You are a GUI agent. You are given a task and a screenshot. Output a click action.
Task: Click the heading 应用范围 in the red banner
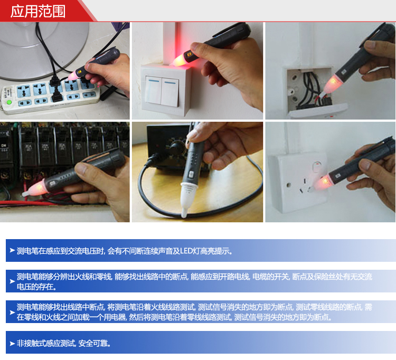point(38,12)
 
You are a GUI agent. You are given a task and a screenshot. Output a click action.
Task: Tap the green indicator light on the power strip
point(10,102)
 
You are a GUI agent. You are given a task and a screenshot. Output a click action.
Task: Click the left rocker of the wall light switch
point(153,90)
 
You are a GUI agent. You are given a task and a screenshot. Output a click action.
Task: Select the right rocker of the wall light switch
point(170,92)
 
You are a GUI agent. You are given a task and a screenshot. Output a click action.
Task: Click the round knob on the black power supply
point(175,146)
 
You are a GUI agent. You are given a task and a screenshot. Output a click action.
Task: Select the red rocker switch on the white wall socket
point(316,168)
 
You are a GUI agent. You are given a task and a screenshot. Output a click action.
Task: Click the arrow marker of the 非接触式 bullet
point(12,343)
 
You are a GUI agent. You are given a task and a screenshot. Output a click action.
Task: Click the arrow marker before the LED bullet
point(12,250)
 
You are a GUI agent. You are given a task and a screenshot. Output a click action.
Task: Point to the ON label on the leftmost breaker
point(4,146)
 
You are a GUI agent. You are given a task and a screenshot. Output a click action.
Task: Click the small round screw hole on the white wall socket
point(289,185)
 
